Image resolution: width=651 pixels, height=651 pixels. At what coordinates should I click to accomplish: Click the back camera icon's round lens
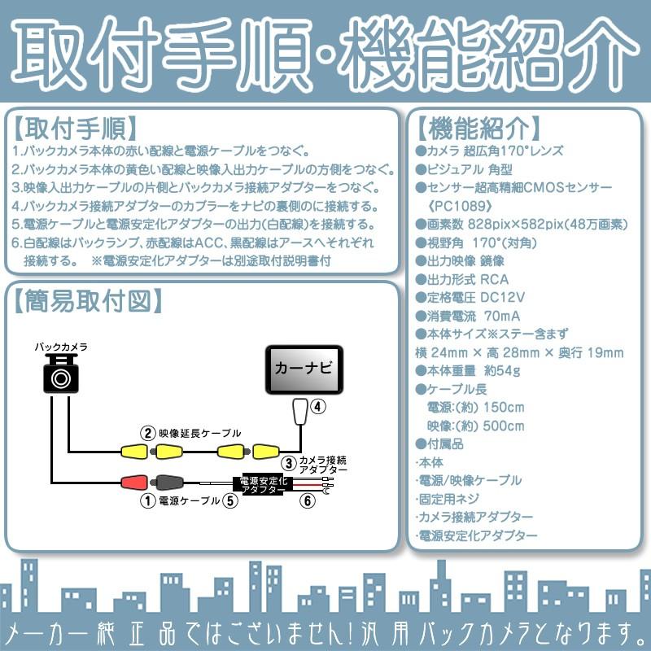point(61,378)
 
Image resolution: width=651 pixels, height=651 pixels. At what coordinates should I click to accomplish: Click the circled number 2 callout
point(146,433)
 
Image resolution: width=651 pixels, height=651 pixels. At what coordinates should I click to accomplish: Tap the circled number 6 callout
point(307,501)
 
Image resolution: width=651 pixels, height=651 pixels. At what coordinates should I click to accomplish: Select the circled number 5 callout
point(231,501)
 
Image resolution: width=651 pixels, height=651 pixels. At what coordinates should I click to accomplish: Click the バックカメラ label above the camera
point(60,346)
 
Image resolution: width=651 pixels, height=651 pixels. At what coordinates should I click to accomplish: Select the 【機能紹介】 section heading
point(478,128)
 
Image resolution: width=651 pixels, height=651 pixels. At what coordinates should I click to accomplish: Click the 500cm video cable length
point(503,426)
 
